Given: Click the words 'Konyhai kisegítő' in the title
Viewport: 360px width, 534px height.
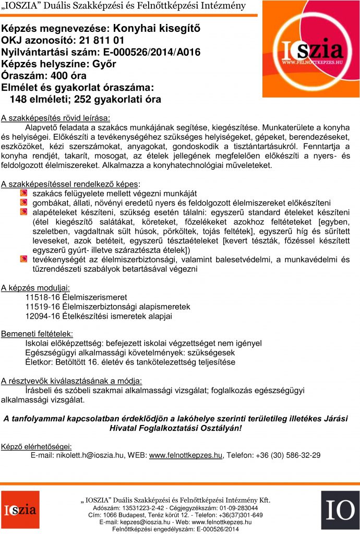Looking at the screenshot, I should tap(157, 28).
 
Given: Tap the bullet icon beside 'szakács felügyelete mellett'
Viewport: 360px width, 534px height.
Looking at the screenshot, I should tap(23, 193).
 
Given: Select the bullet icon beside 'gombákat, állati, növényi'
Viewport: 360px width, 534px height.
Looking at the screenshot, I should tap(23, 203).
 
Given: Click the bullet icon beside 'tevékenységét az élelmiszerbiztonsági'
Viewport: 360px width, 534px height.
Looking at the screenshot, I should tap(23, 259).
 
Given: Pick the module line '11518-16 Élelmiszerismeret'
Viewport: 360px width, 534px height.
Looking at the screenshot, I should tap(76, 297).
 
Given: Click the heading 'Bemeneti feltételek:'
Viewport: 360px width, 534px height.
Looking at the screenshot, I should tap(37, 334).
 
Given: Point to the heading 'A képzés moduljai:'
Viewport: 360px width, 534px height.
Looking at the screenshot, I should tap(35, 287).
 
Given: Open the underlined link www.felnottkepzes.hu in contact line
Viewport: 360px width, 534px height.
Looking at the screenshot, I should tap(186, 455).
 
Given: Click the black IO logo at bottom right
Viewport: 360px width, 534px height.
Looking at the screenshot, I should tap(340, 509).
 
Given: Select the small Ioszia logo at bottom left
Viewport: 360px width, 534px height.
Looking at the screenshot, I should tap(20, 509).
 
